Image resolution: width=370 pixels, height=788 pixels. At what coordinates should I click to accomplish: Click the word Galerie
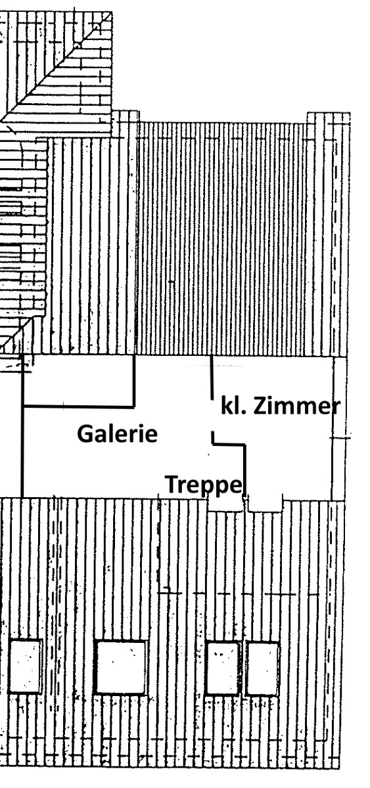[117, 433]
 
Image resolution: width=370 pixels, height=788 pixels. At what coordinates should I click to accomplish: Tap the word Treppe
[204, 485]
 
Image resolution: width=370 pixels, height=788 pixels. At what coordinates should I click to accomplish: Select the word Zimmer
[296, 406]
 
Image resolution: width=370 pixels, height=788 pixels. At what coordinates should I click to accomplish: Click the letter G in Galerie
[85, 433]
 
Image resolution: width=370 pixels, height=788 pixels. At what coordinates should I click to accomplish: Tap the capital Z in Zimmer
[259, 406]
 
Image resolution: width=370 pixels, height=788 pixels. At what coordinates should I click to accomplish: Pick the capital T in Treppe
[172, 484]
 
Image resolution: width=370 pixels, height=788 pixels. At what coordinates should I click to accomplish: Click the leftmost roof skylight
[24, 667]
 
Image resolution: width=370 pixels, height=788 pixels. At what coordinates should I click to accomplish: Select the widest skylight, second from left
[121, 668]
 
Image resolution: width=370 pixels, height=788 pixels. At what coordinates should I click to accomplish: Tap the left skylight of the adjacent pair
[223, 668]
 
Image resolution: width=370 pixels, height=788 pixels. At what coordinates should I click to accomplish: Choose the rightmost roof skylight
[263, 668]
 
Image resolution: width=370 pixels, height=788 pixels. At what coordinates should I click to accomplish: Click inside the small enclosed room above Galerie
[78, 381]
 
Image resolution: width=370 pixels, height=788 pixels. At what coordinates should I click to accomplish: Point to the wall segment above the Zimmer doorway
[212, 378]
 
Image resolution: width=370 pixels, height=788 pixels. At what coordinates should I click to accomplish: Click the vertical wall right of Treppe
[244, 471]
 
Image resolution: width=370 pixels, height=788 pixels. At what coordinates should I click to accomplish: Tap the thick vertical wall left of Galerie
[22, 426]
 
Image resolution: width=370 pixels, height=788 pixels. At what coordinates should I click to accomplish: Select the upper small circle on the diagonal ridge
[96, 27]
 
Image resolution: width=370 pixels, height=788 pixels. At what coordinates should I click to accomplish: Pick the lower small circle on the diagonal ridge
[77, 46]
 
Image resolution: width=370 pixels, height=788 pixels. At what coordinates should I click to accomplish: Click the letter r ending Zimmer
[336, 408]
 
